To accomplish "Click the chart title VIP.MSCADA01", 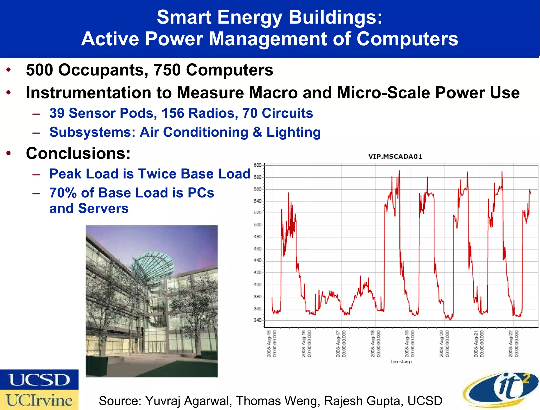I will [395, 157].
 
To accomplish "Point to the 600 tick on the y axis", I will [258, 165].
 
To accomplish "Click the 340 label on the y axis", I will [258, 320].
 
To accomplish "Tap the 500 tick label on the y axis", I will [258, 225].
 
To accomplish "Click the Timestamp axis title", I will [401, 361].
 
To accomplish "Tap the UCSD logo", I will [39, 380].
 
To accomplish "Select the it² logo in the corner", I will [501, 389].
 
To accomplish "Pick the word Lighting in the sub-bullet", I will [293, 132].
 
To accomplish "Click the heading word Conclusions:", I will [78, 153].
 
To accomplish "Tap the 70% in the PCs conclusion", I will [63, 193].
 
